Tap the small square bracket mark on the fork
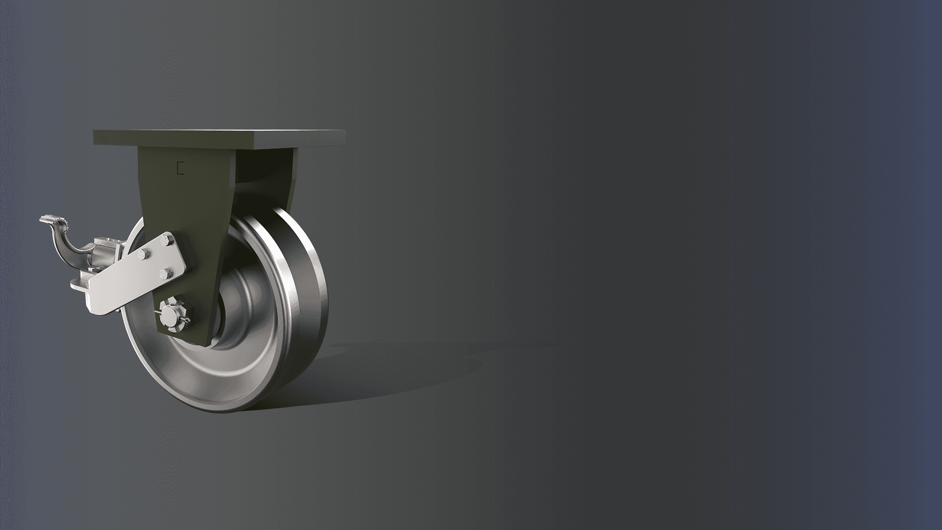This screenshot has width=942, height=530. pos(180,168)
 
